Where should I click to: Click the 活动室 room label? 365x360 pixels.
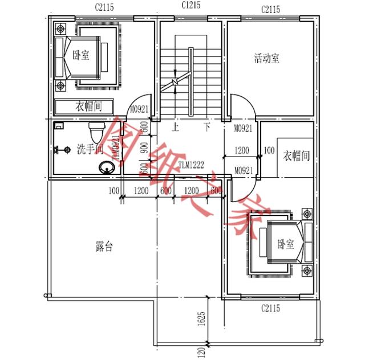[266, 58]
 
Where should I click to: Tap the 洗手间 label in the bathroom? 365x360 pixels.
[90, 149]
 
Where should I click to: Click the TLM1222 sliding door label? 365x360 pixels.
[191, 165]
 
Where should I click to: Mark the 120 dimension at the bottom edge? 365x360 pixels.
[201, 351]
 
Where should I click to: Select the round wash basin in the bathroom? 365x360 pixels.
[106, 167]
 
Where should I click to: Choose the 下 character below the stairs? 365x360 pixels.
[207, 127]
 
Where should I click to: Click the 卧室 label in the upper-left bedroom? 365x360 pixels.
[81, 56]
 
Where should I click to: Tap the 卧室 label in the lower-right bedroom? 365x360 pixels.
[285, 244]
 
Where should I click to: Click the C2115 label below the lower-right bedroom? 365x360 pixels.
[271, 308]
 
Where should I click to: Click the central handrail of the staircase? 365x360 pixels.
[192, 80]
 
